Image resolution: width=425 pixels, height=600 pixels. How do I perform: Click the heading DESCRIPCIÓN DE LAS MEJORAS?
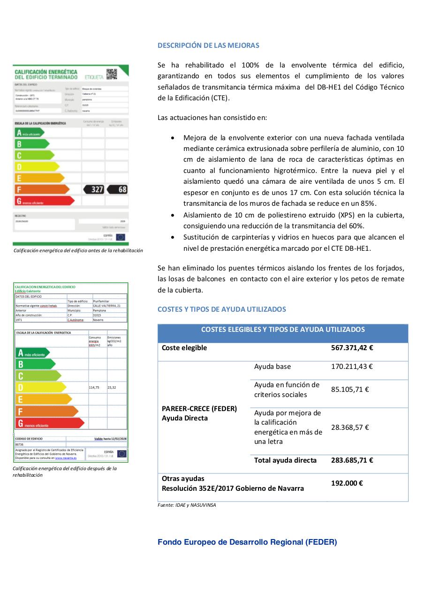click(x=208, y=45)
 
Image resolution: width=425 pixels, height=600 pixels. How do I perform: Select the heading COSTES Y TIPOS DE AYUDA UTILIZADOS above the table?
click(x=221, y=309)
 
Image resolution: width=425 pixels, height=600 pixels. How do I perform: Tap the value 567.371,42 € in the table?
click(x=352, y=348)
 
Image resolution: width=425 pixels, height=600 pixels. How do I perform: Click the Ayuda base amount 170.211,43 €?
click(x=351, y=367)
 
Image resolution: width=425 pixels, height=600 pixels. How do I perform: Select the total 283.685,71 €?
click(x=352, y=460)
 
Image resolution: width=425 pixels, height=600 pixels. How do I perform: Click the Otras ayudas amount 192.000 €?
click(x=347, y=483)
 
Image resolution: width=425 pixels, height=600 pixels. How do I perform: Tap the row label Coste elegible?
click(x=184, y=348)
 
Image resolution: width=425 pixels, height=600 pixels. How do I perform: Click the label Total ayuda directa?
click(x=285, y=460)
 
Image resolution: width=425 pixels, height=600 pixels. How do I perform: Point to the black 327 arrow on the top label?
click(x=94, y=189)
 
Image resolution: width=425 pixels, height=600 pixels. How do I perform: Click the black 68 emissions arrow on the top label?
click(x=118, y=189)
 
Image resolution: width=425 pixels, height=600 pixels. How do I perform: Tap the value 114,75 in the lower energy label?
click(x=94, y=388)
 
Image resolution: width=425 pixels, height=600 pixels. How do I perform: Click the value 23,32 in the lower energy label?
click(x=112, y=388)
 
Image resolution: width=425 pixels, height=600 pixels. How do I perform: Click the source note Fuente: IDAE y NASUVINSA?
click(x=187, y=505)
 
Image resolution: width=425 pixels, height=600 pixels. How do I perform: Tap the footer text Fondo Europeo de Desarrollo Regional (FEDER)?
click(x=247, y=542)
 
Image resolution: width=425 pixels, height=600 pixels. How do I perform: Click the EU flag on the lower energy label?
click(x=121, y=454)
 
